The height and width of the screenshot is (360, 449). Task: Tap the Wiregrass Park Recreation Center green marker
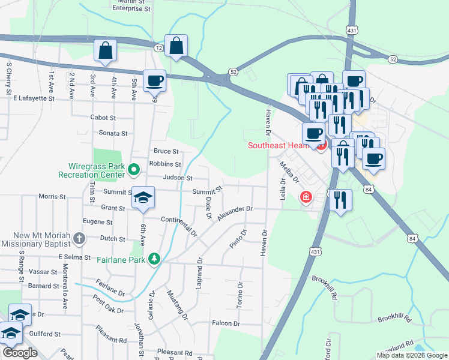[134, 170]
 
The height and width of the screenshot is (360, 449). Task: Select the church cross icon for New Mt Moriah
[79, 239]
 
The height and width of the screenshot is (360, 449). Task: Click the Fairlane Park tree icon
[155, 259]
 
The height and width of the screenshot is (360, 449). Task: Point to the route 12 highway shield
[158, 47]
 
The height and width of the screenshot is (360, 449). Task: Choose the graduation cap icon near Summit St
[143, 198]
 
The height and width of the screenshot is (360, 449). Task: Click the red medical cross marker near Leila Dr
[306, 197]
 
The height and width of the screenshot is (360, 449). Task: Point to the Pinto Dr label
[238, 240]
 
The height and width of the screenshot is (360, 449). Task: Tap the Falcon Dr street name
[226, 323]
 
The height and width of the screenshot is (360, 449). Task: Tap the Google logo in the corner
[20, 353]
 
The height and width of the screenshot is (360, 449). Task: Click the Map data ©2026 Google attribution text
[411, 355]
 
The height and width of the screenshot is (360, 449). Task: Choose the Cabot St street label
[101, 118]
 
